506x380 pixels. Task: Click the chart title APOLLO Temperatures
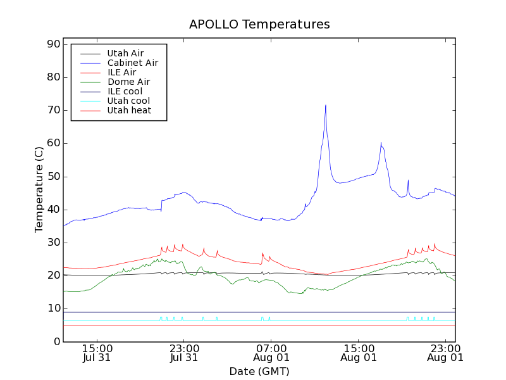tap(259, 25)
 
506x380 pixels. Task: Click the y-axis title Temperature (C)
tap(39, 189)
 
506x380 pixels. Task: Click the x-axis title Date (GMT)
tap(259, 371)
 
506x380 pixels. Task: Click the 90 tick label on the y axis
tap(52, 44)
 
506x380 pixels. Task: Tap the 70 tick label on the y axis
tap(52, 110)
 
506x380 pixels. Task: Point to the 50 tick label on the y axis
tap(52, 177)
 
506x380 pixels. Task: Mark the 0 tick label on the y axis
tap(56, 342)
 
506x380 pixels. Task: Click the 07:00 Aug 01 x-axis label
tap(271, 352)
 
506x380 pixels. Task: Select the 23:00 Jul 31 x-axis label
tap(184, 352)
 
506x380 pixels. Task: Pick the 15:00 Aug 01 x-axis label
tap(359, 352)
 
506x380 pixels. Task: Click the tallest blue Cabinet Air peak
tap(326, 106)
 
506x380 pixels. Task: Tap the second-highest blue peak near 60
tap(381, 143)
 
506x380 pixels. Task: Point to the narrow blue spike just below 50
tap(408, 180)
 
